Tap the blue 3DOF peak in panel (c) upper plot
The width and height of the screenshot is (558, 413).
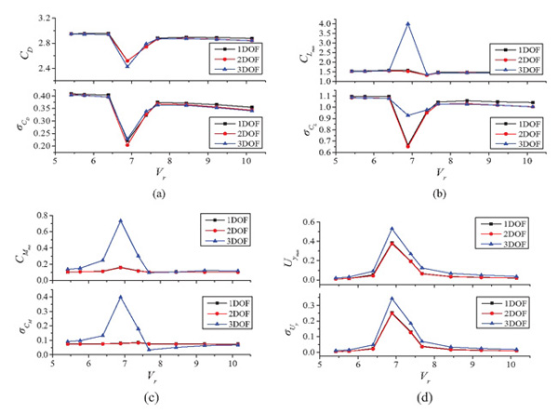(120, 220)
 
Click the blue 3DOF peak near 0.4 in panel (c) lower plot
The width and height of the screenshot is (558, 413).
(120, 297)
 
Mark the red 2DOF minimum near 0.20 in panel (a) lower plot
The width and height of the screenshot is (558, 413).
(127, 144)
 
